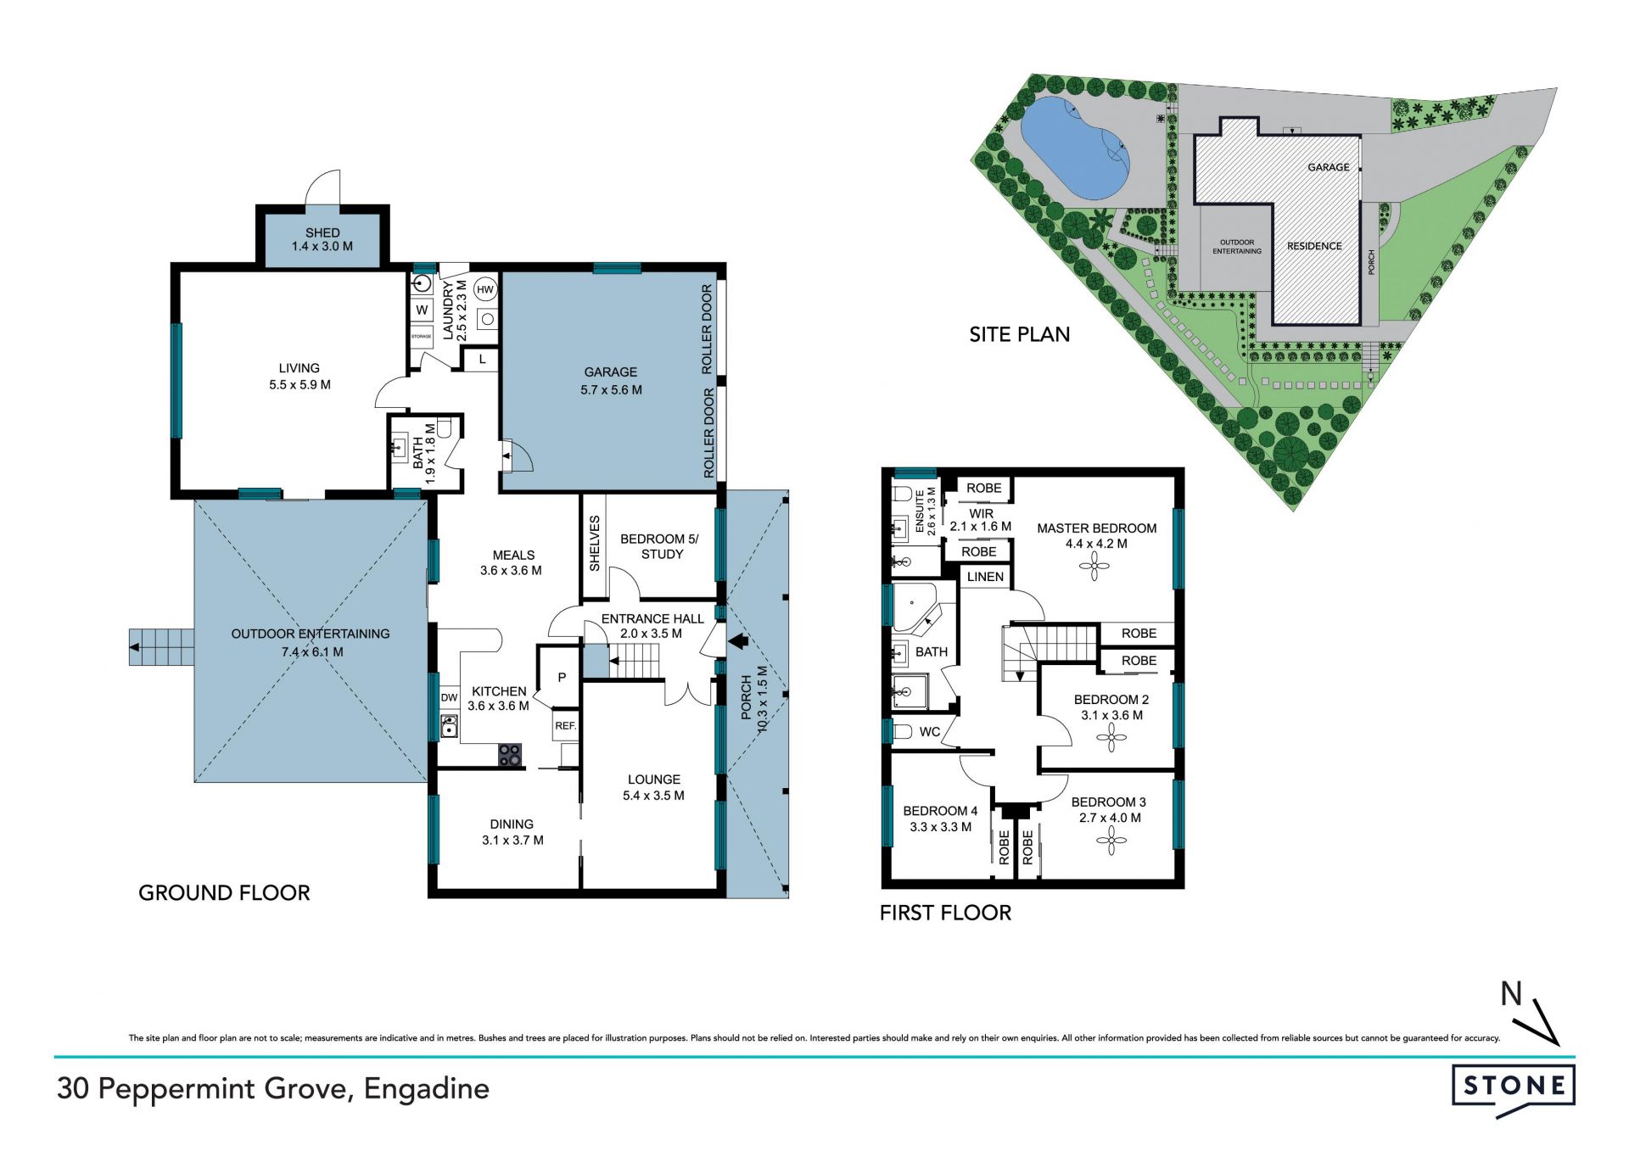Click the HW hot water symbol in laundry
(x=484, y=290)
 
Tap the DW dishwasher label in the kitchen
(x=449, y=697)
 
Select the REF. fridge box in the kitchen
(x=566, y=725)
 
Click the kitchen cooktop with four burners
(x=510, y=755)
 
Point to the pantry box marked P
(x=561, y=677)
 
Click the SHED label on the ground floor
(x=322, y=232)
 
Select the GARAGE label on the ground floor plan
(x=611, y=372)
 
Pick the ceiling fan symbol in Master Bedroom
(x=1094, y=567)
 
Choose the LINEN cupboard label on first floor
(x=985, y=577)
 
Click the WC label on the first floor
(x=930, y=732)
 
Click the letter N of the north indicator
(x=1511, y=993)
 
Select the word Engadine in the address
(x=427, y=1089)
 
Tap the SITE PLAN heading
(x=1019, y=334)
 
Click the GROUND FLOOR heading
(x=224, y=892)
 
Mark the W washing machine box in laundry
(x=422, y=310)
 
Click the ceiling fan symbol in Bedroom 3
(x=1111, y=841)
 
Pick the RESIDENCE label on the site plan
(x=1314, y=246)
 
